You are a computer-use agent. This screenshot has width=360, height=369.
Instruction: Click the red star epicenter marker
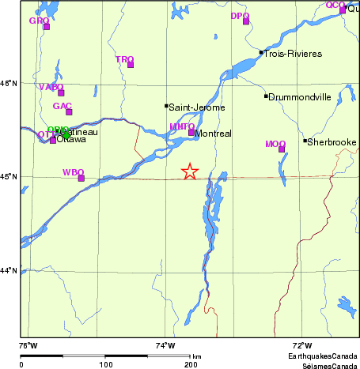[189, 171]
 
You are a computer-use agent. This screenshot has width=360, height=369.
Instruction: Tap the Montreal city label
[213, 134]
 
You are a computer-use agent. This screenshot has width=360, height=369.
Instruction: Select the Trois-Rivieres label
[293, 53]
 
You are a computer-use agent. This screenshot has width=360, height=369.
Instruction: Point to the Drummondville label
[299, 96]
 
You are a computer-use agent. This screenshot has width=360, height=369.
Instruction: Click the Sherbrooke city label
[332, 141]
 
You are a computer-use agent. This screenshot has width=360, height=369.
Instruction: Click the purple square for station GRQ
[47, 27]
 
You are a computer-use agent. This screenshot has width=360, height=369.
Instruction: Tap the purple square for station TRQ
[131, 65]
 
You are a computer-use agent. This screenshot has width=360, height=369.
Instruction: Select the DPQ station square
[246, 21]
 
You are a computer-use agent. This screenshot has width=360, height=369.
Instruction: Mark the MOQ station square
[282, 149]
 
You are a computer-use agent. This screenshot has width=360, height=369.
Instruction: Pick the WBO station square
[81, 178]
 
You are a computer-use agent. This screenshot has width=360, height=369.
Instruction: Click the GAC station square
[69, 111]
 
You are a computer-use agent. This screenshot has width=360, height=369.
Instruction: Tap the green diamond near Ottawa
[64, 132]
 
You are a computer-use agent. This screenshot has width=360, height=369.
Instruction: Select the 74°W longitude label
[165, 345]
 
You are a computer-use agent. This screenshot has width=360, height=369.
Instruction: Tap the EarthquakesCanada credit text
[321, 357]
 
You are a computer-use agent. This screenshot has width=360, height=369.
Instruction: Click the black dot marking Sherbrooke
[305, 141]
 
